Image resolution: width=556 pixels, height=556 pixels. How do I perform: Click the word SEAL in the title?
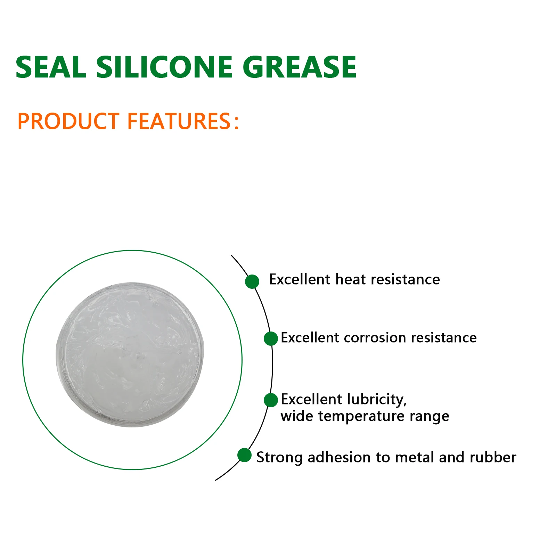click(x=51, y=67)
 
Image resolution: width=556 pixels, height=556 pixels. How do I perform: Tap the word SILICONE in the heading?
click(x=164, y=67)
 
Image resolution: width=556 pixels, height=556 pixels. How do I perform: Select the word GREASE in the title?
click(x=299, y=67)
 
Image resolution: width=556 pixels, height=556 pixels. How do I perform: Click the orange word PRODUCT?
click(x=68, y=121)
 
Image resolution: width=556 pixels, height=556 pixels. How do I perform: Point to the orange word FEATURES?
click(x=179, y=121)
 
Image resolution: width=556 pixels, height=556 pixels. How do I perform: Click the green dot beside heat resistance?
click(x=252, y=281)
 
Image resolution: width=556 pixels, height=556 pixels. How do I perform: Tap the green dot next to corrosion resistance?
click(x=271, y=338)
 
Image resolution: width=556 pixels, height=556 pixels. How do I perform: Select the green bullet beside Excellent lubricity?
click(x=271, y=400)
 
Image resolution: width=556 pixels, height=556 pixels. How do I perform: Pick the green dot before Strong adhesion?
click(x=244, y=455)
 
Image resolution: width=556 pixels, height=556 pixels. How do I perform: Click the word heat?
click(x=350, y=280)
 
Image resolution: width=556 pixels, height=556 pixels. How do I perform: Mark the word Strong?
click(x=279, y=457)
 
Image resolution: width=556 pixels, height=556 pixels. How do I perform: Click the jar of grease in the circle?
click(x=130, y=354)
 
